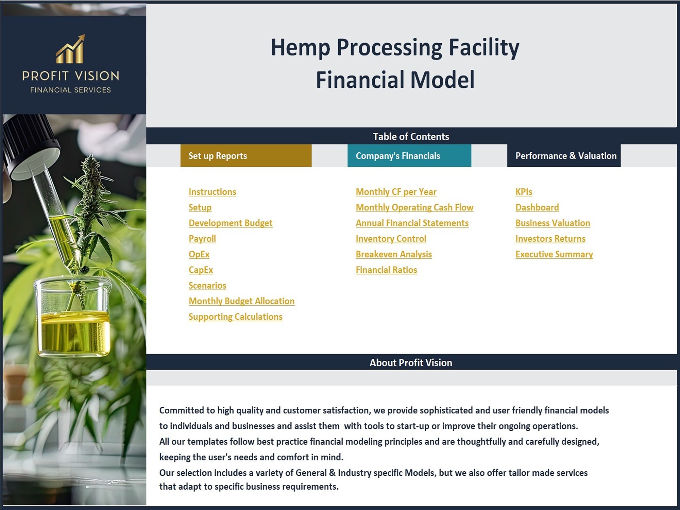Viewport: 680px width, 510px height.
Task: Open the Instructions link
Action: pos(212,192)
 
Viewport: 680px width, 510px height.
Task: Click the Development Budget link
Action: pos(231,223)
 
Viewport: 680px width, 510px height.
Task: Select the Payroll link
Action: pos(202,239)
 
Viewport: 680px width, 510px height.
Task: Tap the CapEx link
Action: pos(201,270)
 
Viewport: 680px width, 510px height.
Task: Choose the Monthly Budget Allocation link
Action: pos(241,301)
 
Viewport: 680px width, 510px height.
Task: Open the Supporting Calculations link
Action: pos(235,317)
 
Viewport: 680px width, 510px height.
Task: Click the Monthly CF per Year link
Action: pos(396,192)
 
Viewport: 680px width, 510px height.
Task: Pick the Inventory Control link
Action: pos(391,239)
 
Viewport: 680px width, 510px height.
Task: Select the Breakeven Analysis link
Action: pos(394,254)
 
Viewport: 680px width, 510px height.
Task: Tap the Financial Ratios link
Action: pos(386,270)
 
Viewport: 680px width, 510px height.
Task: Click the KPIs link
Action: pos(524,192)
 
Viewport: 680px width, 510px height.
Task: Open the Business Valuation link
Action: pos(552,223)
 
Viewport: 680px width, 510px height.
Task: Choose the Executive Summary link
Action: pos(554,254)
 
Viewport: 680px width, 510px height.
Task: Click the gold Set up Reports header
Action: pos(246,156)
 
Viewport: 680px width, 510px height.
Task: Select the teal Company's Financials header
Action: pos(409,156)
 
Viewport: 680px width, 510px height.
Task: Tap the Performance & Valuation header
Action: pos(564,156)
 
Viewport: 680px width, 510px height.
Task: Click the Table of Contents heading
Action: pos(411,137)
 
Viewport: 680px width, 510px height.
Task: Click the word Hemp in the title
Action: pos(300,48)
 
